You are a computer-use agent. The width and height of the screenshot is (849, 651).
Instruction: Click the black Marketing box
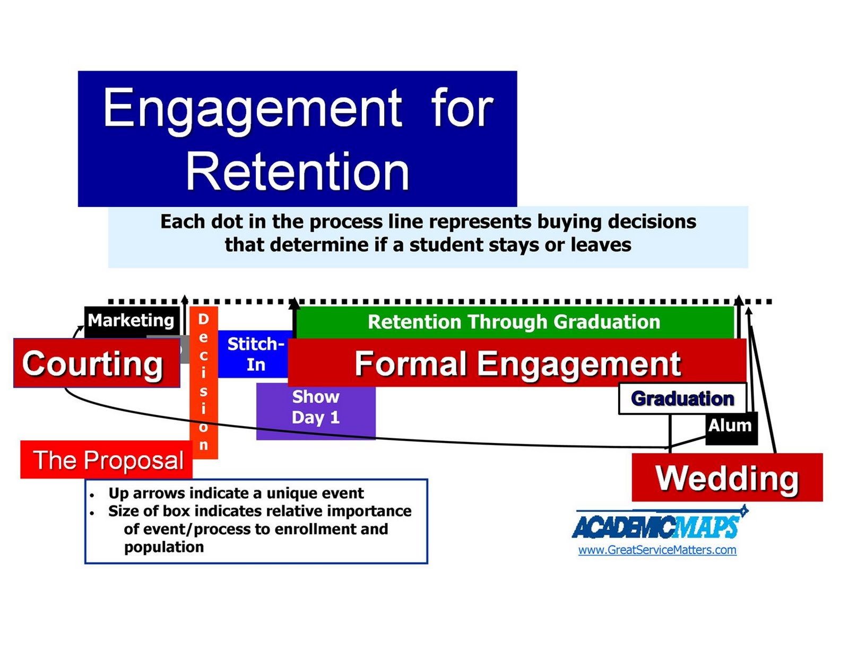(x=131, y=320)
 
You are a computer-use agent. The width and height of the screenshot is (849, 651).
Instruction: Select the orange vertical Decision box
(x=203, y=382)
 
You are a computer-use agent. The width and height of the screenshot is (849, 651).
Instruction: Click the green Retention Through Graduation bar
(x=514, y=322)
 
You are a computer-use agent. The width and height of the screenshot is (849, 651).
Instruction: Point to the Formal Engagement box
(x=517, y=363)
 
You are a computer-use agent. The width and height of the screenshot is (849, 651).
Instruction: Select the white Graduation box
(x=682, y=398)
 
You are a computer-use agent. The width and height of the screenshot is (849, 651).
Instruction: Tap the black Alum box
(x=730, y=426)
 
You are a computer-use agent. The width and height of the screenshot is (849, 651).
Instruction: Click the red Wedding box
(x=727, y=478)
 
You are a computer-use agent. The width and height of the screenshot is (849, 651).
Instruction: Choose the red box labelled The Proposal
(x=108, y=460)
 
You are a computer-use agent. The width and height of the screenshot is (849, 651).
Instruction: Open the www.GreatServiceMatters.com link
(x=657, y=550)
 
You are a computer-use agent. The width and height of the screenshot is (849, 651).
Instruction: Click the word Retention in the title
(x=297, y=171)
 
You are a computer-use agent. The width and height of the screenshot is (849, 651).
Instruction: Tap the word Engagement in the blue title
(x=252, y=108)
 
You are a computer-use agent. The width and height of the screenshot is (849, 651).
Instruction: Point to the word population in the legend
(x=163, y=547)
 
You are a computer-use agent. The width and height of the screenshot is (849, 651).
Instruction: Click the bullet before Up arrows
(x=92, y=495)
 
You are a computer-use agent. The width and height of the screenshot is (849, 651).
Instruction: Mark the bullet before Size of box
(x=92, y=513)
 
